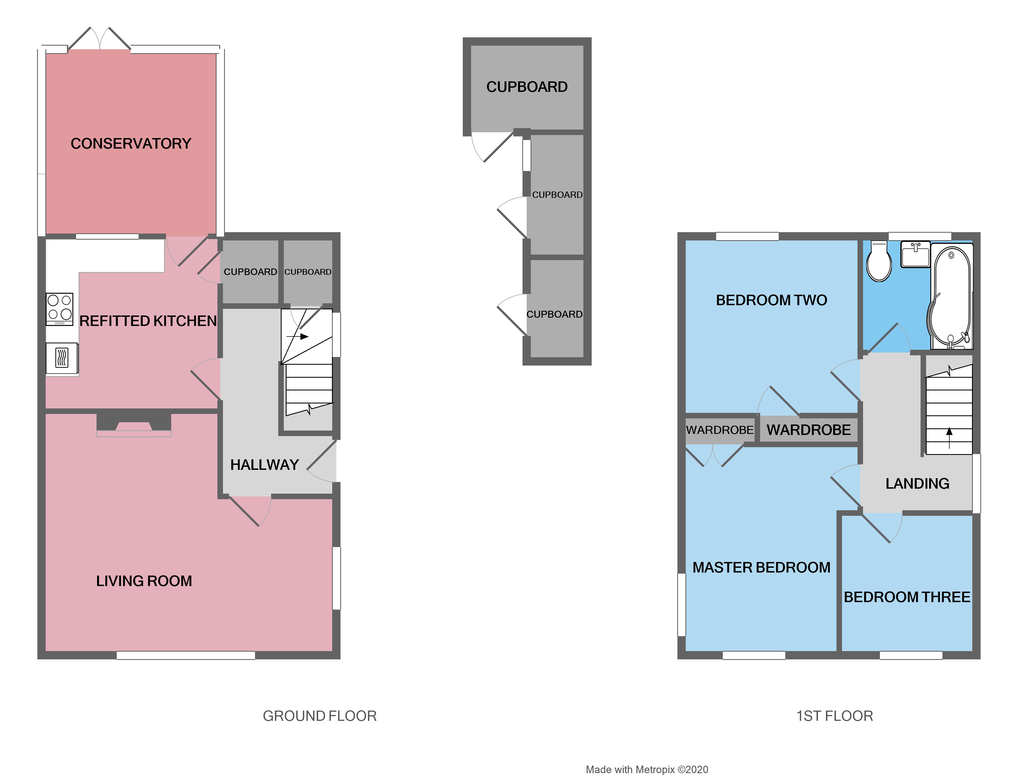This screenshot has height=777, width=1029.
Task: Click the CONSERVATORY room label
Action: (131, 143)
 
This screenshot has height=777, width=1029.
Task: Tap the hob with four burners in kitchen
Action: (59, 309)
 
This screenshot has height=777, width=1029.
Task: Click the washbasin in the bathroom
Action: (915, 254)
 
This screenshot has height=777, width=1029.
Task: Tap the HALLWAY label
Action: (264, 465)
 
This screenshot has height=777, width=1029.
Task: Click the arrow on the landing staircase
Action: (949, 437)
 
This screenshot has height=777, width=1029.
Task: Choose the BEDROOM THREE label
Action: (907, 597)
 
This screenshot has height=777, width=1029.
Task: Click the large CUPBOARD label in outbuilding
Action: (527, 87)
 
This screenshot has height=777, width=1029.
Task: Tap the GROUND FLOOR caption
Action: (319, 716)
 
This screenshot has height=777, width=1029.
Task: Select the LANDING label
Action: (917, 483)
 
